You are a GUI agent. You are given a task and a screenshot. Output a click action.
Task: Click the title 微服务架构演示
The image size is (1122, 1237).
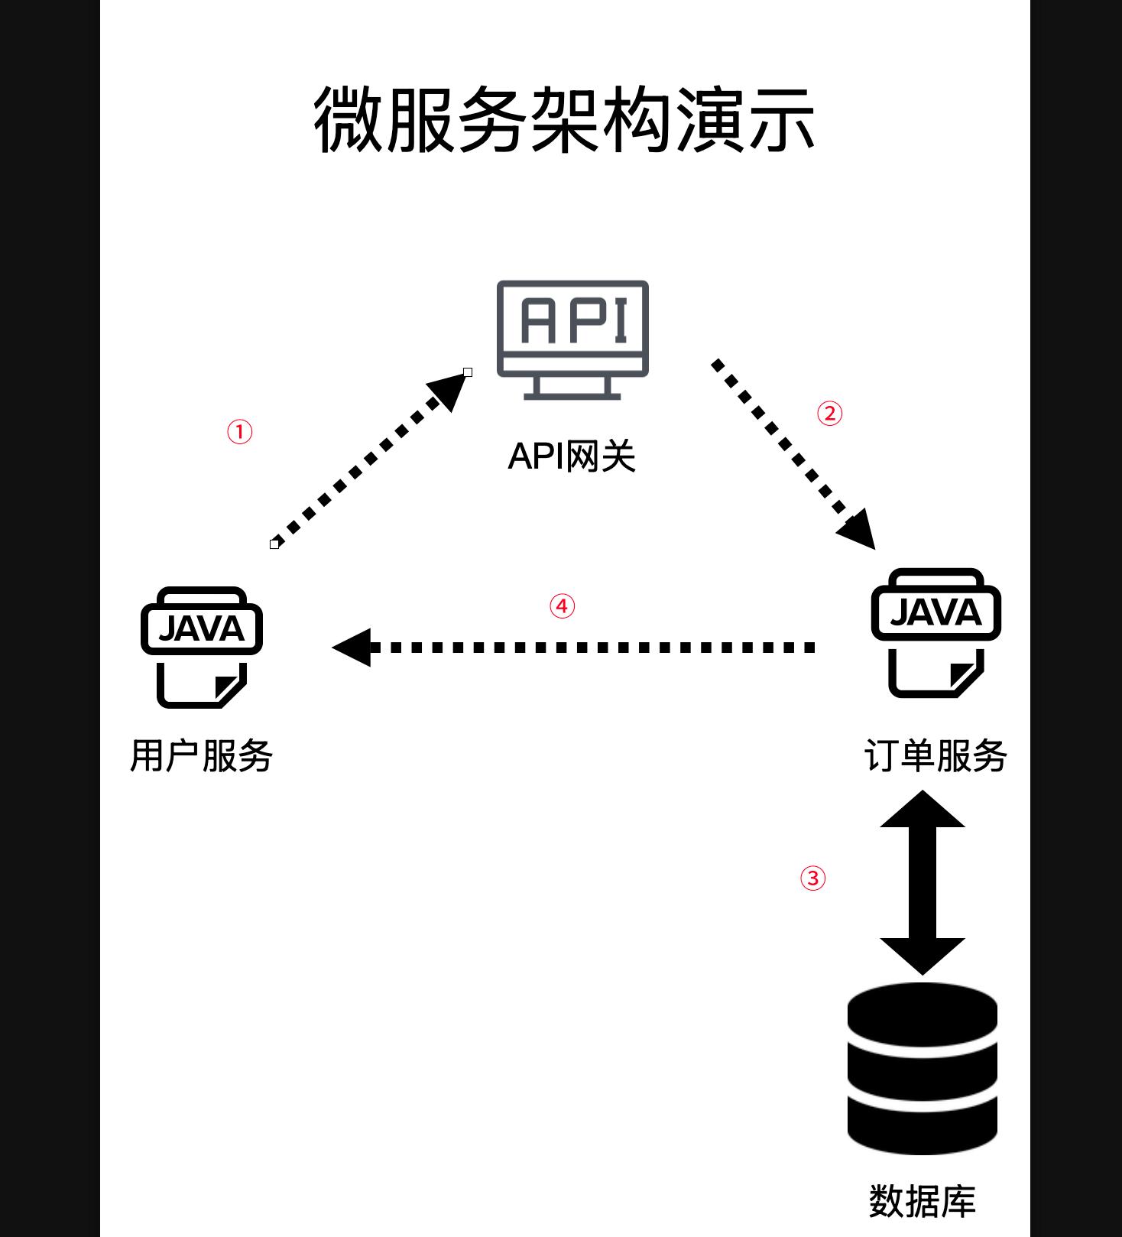(564, 120)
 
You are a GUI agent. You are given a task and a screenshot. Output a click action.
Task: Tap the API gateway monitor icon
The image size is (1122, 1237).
(572, 339)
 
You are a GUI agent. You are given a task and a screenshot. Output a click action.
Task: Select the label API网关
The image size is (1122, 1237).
(572, 456)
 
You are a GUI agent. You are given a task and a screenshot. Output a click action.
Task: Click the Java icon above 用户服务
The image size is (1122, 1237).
(202, 648)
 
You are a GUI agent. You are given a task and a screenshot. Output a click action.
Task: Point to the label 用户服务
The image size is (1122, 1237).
(202, 756)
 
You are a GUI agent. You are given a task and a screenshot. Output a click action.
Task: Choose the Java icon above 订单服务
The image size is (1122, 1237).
(936, 632)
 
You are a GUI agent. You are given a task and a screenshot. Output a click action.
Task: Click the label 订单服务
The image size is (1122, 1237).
(936, 756)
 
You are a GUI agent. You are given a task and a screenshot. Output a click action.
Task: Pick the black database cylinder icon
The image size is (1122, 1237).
(923, 1068)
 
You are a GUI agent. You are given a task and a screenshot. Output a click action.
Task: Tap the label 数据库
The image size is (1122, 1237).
(923, 1201)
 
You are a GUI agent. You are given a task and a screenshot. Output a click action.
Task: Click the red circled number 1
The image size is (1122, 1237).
(240, 432)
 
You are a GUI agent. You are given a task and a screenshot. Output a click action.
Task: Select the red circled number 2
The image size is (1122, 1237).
(830, 414)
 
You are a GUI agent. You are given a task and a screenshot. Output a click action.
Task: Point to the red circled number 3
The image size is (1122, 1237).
(813, 878)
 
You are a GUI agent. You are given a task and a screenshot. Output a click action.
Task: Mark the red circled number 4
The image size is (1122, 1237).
(563, 606)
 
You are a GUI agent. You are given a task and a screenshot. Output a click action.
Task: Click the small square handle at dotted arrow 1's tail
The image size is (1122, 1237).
(274, 544)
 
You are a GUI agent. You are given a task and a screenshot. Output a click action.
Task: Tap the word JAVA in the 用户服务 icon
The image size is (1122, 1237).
(202, 629)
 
